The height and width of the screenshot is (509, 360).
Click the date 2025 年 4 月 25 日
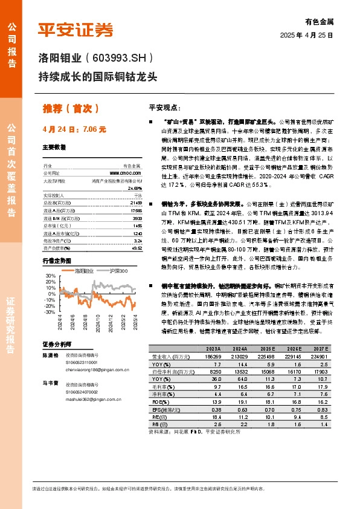point(307,36)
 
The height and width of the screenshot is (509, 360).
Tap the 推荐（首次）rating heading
point(71,109)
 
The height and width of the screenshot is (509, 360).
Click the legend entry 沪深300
point(118,271)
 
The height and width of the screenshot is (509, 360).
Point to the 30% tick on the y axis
point(50,276)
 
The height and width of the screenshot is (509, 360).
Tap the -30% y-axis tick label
point(49,313)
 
